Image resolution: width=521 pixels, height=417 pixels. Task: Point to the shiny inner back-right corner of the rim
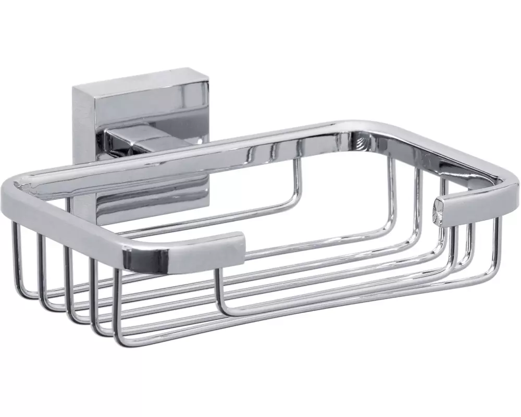[359, 137]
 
